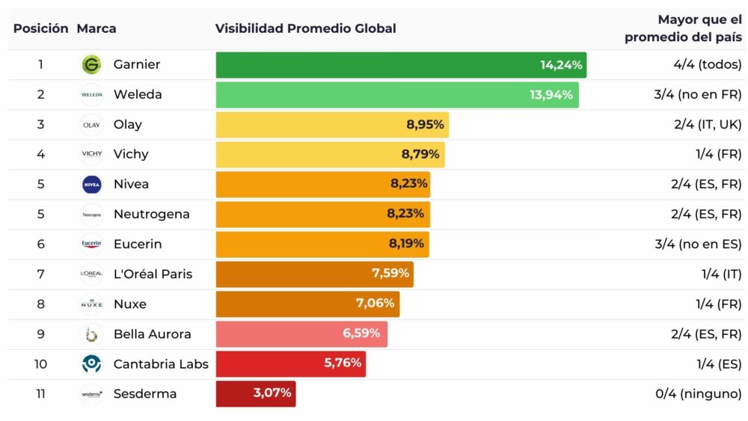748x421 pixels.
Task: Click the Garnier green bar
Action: point(401,65)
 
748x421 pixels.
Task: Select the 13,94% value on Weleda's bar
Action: point(551,95)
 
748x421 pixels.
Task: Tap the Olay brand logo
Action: point(91,125)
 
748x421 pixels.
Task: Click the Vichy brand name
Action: point(131,155)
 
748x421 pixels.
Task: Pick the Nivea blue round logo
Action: point(91,185)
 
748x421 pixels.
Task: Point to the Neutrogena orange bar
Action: point(322,215)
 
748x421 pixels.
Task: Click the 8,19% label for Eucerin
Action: point(406,245)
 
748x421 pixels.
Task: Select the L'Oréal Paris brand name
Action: point(153,274)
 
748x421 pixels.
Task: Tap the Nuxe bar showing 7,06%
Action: point(307,304)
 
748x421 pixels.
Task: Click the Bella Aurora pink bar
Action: point(301,334)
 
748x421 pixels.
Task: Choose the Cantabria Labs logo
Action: point(91,364)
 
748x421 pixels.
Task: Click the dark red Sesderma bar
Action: point(256,394)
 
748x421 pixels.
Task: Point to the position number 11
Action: point(40,394)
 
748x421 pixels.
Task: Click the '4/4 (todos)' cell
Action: point(707,65)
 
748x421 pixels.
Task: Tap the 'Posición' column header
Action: point(40,29)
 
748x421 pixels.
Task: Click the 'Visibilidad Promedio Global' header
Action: point(305,29)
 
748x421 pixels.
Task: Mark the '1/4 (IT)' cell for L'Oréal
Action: point(721,274)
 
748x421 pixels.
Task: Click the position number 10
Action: point(40,364)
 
